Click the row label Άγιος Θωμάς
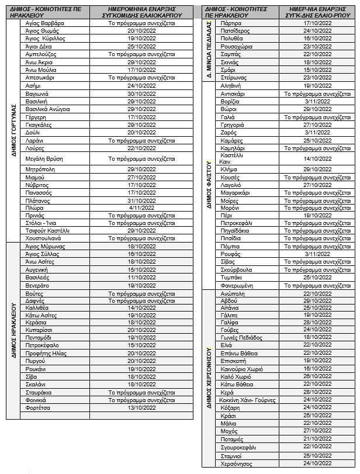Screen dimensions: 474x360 point(43,30)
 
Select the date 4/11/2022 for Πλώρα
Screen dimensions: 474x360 point(141,207)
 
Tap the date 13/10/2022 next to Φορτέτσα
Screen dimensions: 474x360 point(141,408)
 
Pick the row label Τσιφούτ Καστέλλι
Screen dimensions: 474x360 point(48,230)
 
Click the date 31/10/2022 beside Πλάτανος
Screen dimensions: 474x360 point(141,200)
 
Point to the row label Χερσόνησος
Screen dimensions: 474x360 point(236,463)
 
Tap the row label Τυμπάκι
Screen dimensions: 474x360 point(233,277)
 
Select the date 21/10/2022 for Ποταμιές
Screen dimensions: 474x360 point(317,438)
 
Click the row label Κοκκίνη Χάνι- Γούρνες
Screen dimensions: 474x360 point(248,400)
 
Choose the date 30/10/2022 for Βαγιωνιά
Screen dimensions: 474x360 point(141,94)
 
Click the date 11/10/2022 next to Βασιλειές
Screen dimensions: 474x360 point(141,277)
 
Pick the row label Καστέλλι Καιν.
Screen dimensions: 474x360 point(232,158)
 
